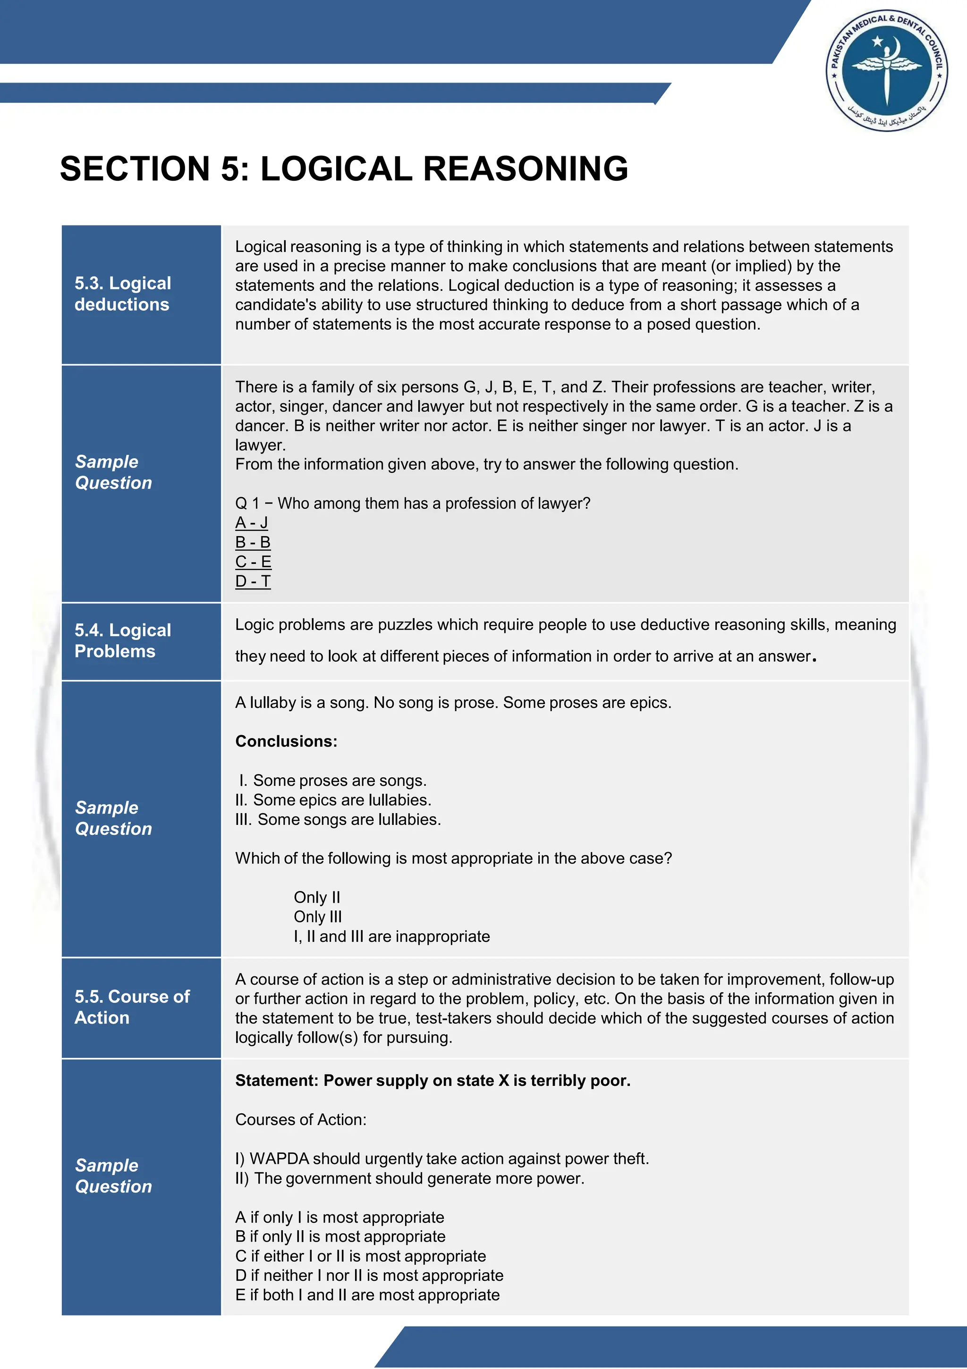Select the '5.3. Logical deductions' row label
point(123,294)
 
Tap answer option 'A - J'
point(251,523)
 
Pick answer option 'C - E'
point(253,562)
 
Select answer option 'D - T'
point(253,581)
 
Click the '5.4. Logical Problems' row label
point(123,641)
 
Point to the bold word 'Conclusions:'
point(286,741)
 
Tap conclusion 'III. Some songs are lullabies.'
point(338,820)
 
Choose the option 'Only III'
point(317,917)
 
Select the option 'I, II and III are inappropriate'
point(391,937)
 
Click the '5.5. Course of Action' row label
point(132,1007)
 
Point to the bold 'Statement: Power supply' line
point(433,1080)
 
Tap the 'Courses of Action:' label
point(301,1120)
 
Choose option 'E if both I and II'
point(367,1295)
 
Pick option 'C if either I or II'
point(360,1256)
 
